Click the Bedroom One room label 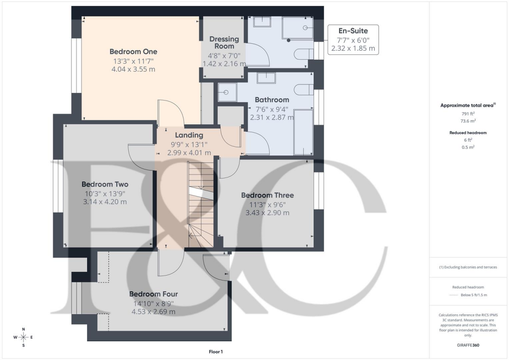point(133,51)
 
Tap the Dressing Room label point(224,42)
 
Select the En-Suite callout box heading point(353,31)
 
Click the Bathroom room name point(271,99)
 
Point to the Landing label point(189,135)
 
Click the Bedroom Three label point(267,195)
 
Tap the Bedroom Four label point(153,294)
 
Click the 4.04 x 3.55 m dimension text point(133,69)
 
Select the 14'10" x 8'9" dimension point(153,303)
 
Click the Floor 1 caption point(216,352)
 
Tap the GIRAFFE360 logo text point(469,345)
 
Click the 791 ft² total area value point(469,113)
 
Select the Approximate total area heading point(468,105)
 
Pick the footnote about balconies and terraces point(468,267)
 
